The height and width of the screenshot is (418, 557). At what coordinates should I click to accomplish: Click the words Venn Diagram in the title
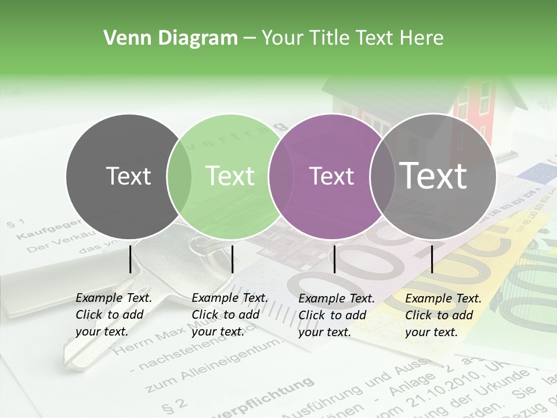point(171,38)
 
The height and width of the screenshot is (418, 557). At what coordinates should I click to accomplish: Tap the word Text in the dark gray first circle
point(129,176)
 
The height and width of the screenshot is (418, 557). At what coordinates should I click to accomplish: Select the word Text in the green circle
point(230,176)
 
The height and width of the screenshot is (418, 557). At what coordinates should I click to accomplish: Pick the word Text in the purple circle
point(331,176)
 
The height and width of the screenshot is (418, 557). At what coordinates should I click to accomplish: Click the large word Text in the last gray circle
point(433,175)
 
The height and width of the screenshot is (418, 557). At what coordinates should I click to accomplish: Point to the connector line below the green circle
point(232,259)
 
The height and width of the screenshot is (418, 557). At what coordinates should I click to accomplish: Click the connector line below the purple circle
point(334,259)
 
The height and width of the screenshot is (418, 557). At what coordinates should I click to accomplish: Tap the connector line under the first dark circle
point(130,259)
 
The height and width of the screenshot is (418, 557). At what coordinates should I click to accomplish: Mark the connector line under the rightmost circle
point(432,259)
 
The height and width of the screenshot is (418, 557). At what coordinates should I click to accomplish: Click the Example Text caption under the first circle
point(113,315)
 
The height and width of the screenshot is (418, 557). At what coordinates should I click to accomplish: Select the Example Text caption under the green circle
point(229,315)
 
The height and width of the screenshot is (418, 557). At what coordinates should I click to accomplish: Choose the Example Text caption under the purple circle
point(336,315)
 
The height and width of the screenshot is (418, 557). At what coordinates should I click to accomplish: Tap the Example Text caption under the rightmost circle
point(443,315)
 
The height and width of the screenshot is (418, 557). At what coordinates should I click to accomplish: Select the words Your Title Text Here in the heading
point(352,38)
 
